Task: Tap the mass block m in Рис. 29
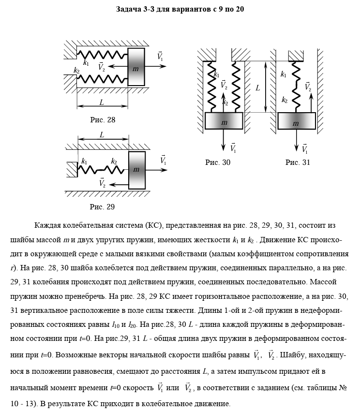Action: pyautogui.click(x=136, y=169)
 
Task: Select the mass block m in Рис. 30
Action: pyautogui.click(x=224, y=121)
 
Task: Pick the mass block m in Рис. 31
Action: pyautogui.click(x=296, y=121)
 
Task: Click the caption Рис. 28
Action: pyautogui.click(x=103, y=119)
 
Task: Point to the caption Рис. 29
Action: pyautogui.click(x=103, y=207)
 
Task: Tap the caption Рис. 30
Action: pyautogui.click(x=218, y=163)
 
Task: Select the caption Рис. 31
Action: pyautogui.click(x=298, y=162)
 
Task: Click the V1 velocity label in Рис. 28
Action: pyautogui.click(x=160, y=57)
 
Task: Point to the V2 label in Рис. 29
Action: pyautogui.click(x=102, y=183)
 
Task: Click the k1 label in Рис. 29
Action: pyautogui.click(x=85, y=161)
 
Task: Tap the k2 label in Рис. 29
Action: pyautogui.click(x=114, y=161)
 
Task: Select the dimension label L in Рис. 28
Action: pyautogui.click(x=101, y=103)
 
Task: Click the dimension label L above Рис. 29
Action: pyautogui.click(x=102, y=135)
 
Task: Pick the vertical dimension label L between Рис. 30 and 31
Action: pyautogui.click(x=258, y=88)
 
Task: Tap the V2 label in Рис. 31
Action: pyautogui.click(x=308, y=87)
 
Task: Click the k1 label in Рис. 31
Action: pyautogui.click(x=284, y=74)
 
